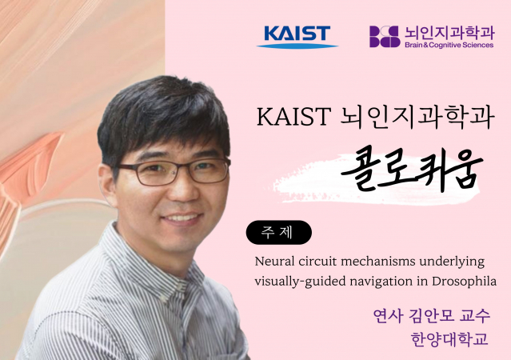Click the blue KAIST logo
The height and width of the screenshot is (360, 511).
tap(297, 37)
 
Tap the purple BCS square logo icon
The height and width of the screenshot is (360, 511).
tap(385, 37)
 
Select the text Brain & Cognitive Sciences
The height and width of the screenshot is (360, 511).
tap(449, 45)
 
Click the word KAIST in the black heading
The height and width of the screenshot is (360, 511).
tap(294, 117)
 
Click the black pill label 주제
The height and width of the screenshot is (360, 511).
tap(278, 233)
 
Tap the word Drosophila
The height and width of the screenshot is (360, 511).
tap(464, 281)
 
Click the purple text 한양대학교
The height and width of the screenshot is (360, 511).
tap(449, 339)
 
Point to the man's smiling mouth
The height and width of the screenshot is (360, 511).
tap(182, 218)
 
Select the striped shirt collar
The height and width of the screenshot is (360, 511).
tap(154, 261)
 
